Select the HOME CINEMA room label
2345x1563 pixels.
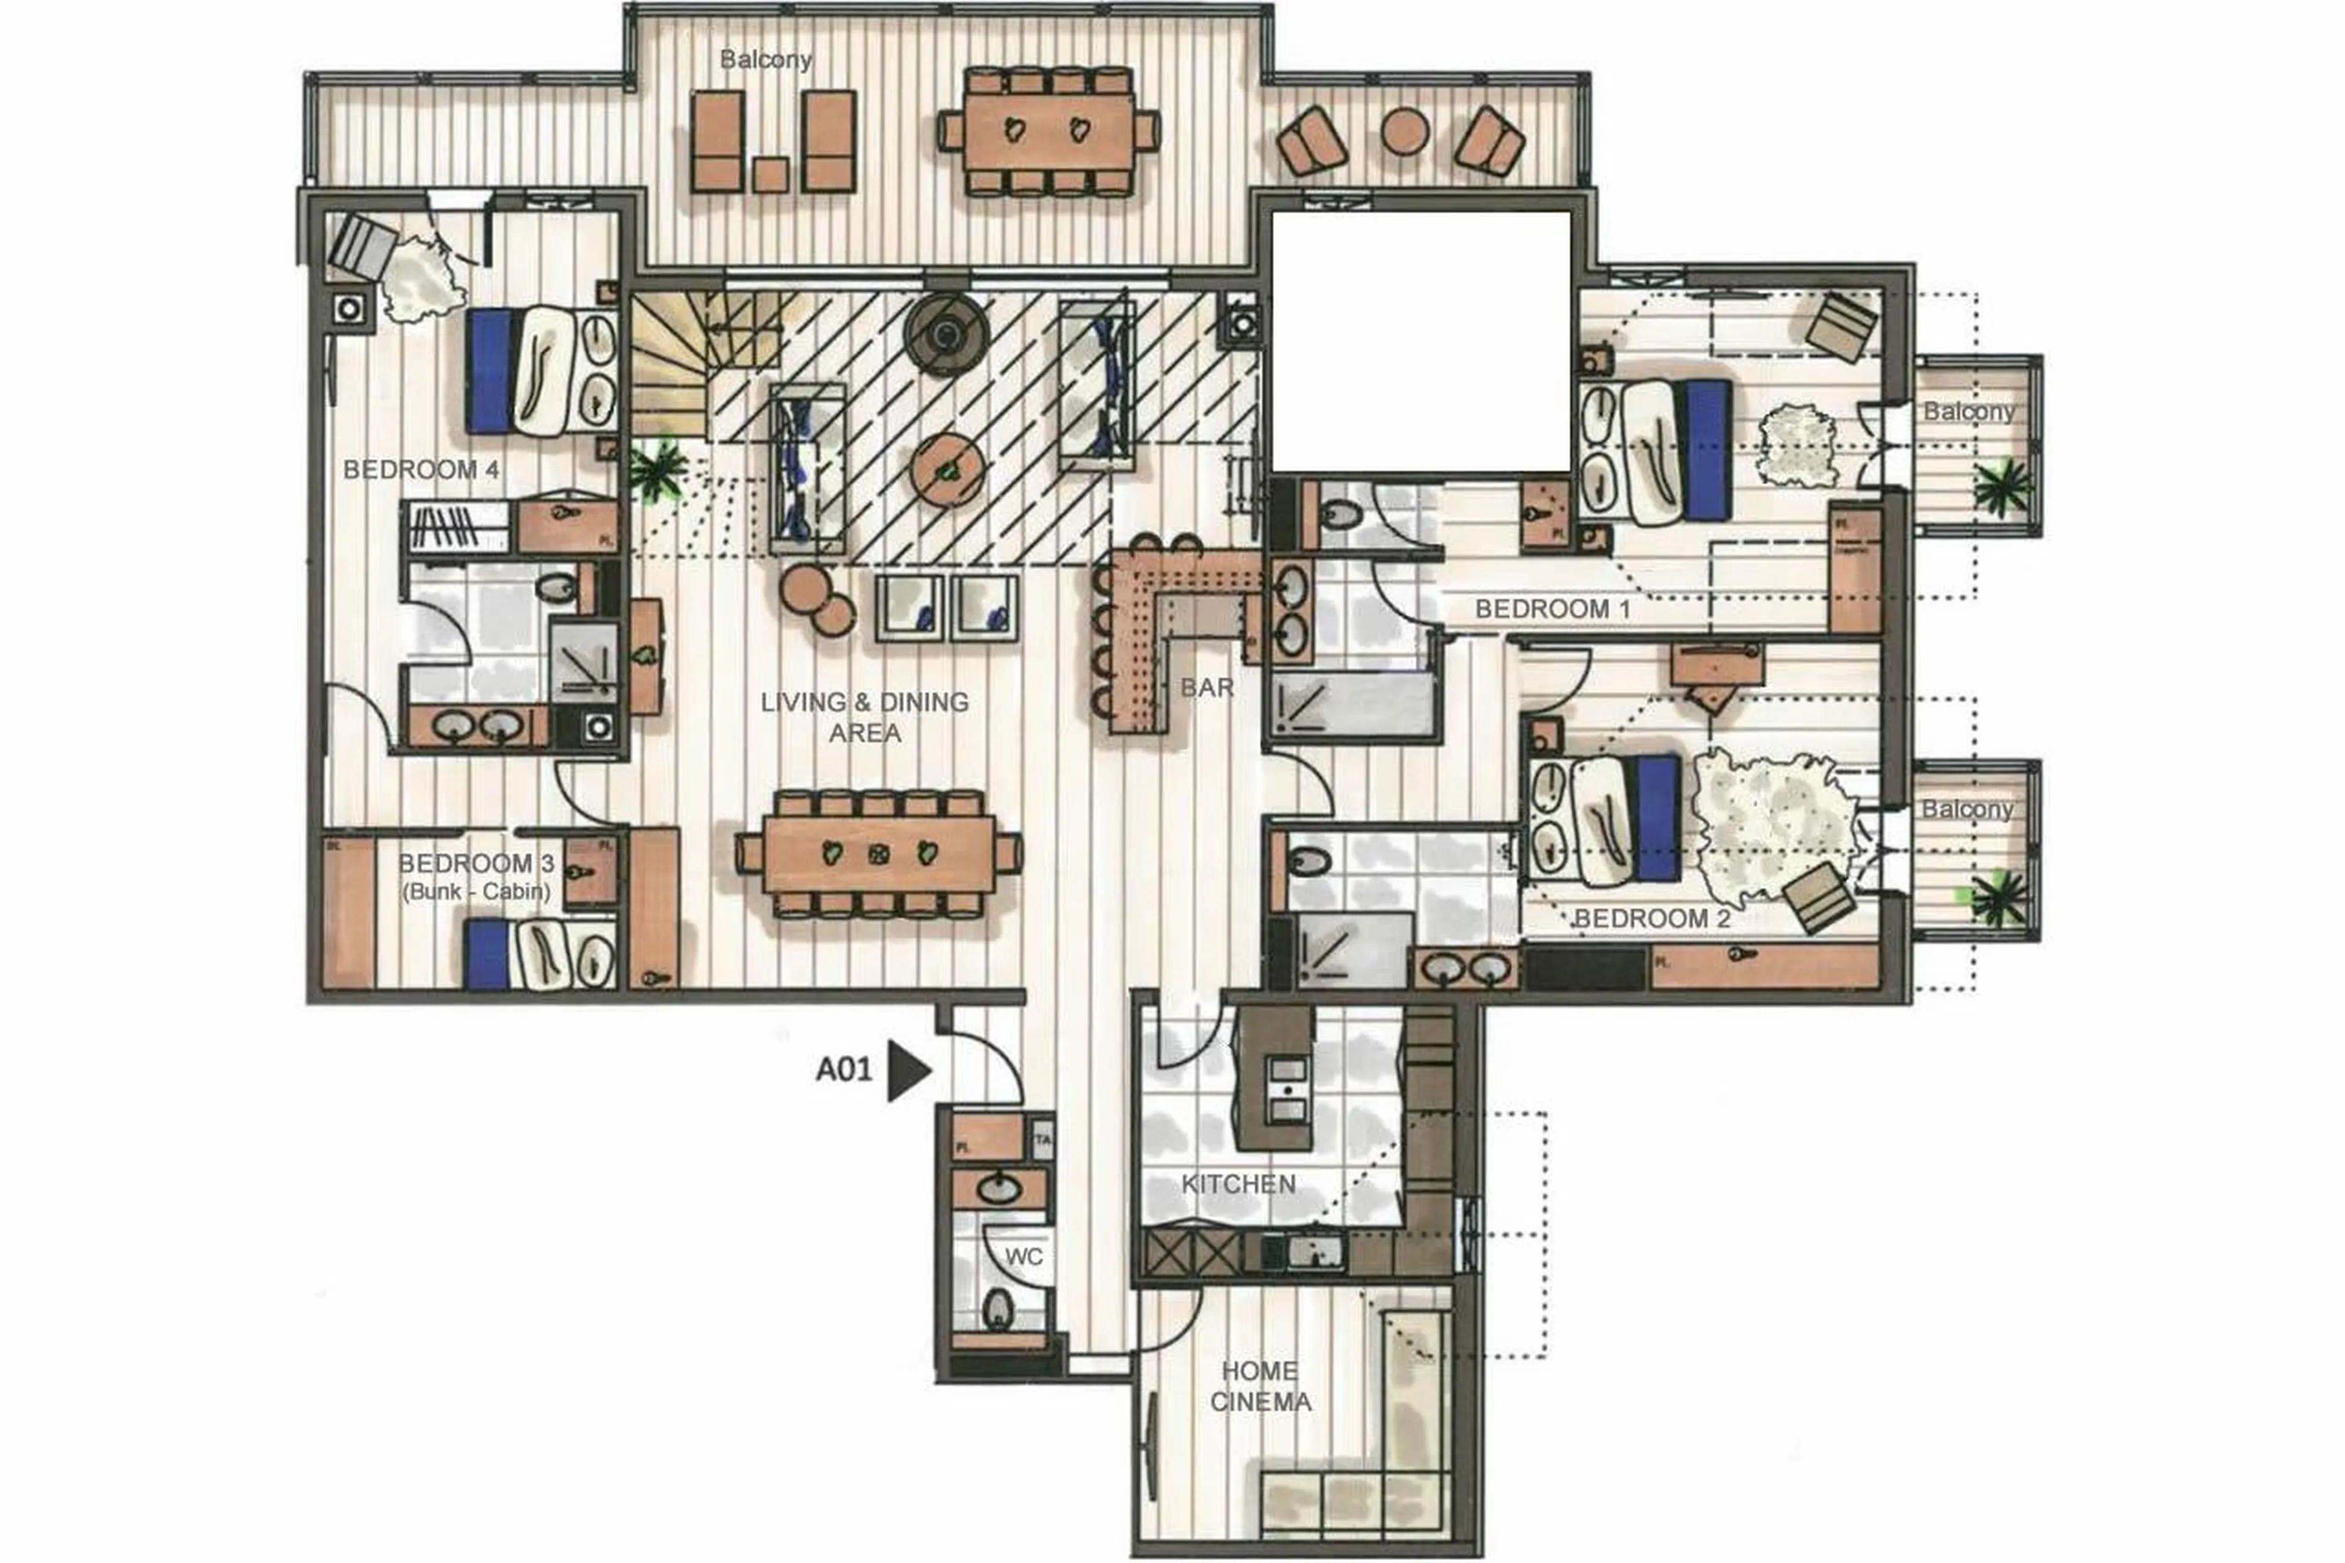coord(1260,1386)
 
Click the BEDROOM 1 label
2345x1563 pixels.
coord(1552,608)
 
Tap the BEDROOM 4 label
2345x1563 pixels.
coord(421,470)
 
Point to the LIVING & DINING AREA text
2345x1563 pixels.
coord(864,716)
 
